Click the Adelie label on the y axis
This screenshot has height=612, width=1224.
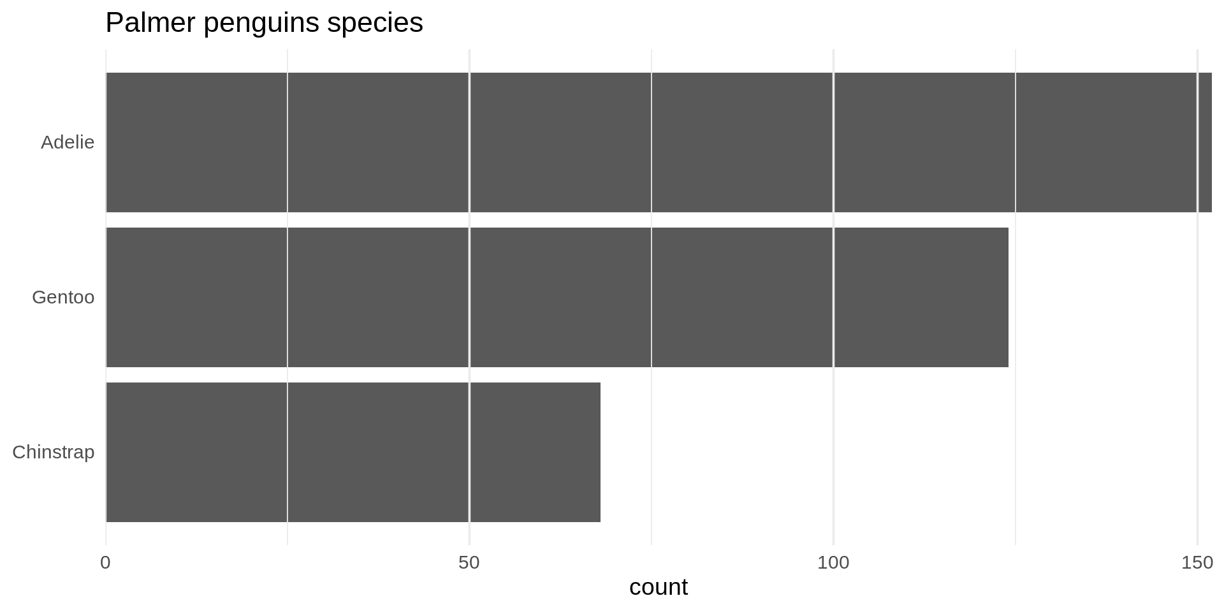(x=68, y=142)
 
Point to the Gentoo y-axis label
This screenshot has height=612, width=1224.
(x=63, y=297)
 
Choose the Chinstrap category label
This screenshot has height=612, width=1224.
(x=54, y=452)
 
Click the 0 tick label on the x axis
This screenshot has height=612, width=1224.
(x=106, y=563)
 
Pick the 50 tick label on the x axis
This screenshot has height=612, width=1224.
(x=469, y=563)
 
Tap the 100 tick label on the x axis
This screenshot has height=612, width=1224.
(x=833, y=563)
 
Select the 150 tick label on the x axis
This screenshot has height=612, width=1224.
(x=1197, y=563)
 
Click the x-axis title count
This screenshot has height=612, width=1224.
(x=659, y=587)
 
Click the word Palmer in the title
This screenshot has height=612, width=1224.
(x=150, y=23)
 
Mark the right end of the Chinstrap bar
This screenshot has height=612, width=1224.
(x=600, y=452)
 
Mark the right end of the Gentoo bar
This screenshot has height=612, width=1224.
(x=1008, y=297)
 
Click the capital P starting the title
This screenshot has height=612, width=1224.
(x=113, y=23)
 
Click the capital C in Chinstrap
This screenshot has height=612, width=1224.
(x=19, y=452)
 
